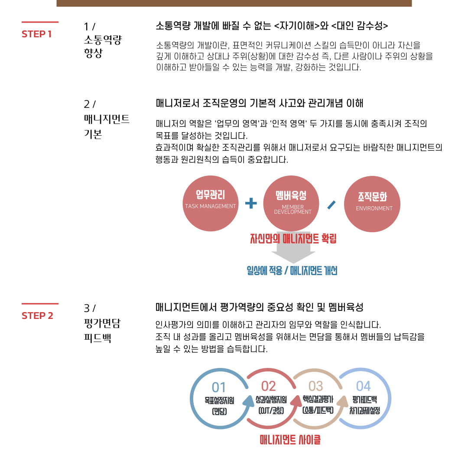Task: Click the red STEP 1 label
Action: (x=36, y=34)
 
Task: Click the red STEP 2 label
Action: (x=37, y=316)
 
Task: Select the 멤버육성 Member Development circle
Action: (x=291, y=204)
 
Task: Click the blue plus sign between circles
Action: (x=251, y=203)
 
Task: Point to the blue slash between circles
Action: (x=332, y=205)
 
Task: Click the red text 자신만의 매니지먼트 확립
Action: (x=293, y=238)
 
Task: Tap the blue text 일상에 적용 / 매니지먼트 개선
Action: (x=292, y=271)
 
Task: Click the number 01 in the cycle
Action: (x=219, y=387)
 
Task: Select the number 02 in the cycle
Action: (x=269, y=386)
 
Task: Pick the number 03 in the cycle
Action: (x=316, y=386)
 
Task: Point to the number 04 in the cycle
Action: (x=364, y=386)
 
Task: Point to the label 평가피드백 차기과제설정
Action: (x=364, y=405)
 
